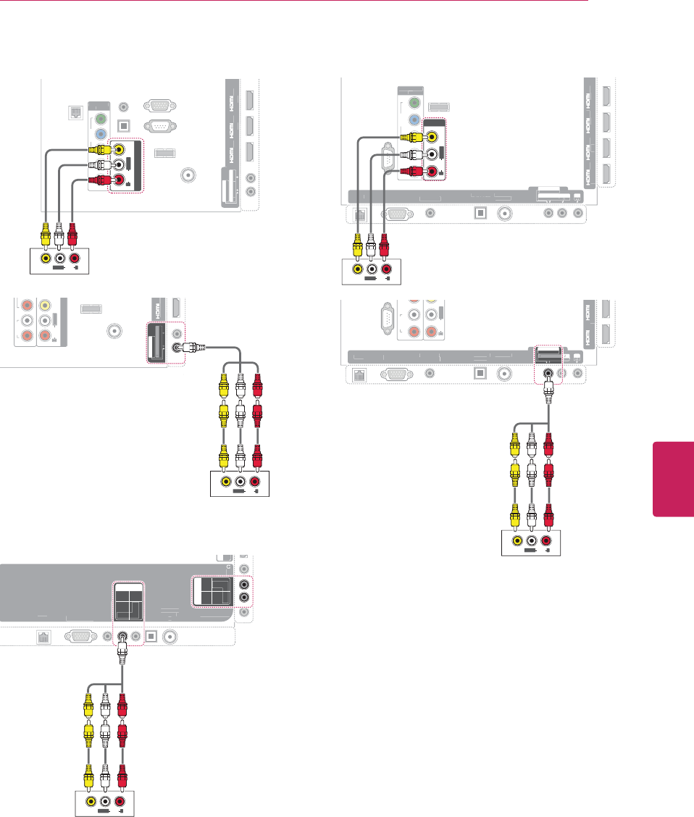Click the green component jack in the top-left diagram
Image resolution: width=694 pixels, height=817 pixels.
point(99,116)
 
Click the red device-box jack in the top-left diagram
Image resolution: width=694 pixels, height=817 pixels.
point(74,258)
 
